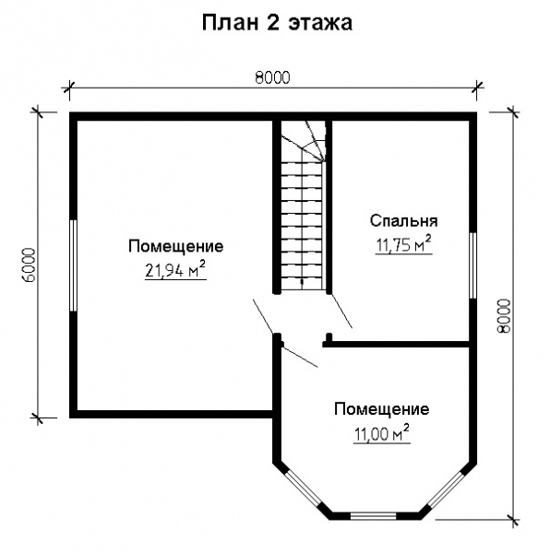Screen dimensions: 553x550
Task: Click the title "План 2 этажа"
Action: coord(277,23)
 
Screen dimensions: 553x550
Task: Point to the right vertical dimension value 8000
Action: coord(503,319)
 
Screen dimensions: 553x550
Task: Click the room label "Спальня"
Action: coord(403,221)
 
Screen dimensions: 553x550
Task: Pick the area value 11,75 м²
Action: coord(403,244)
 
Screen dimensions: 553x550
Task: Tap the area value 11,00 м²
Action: coord(381,432)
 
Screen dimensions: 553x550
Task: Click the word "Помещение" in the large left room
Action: coord(175,246)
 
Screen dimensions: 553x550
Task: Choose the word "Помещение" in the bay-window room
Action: coord(381,409)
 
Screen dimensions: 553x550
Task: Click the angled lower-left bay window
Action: coord(302,488)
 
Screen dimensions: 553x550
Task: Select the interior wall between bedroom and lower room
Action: coord(401,345)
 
